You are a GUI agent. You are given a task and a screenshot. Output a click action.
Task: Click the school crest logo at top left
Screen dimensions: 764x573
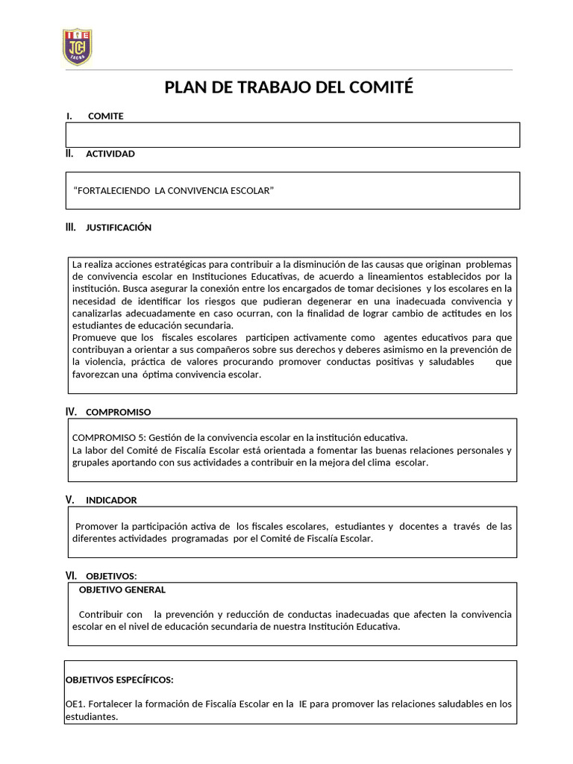click(x=77, y=46)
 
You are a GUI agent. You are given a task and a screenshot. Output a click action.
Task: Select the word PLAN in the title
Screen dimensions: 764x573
click(x=184, y=88)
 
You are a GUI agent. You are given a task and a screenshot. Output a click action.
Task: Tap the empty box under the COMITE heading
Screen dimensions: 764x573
click(x=292, y=135)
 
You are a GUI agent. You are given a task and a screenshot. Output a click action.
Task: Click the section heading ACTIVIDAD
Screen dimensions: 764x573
click(x=110, y=154)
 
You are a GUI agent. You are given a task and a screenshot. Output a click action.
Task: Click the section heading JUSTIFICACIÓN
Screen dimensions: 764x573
click(x=119, y=228)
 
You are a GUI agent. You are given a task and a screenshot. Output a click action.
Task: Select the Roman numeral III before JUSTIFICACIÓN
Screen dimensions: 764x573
click(x=71, y=228)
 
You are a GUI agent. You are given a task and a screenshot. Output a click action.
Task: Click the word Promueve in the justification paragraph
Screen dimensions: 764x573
click(x=93, y=338)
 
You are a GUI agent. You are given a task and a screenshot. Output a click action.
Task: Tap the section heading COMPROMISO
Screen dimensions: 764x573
click(x=118, y=412)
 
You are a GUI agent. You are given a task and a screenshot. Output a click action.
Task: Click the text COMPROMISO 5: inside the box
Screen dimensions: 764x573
click(x=109, y=438)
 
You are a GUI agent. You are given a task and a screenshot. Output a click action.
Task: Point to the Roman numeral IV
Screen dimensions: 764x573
click(x=72, y=412)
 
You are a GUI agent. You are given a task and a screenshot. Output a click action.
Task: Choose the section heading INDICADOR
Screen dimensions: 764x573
click(x=111, y=500)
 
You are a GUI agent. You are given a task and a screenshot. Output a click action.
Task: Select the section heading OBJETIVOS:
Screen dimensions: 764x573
click(x=111, y=576)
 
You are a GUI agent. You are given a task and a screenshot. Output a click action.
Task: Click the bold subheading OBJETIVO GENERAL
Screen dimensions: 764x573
click(x=122, y=589)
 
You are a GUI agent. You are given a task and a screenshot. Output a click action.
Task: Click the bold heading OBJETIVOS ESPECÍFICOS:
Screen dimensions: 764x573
click(x=119, y=680)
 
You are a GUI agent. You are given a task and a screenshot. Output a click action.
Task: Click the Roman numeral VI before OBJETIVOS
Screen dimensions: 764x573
click(x=72, y=575)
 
